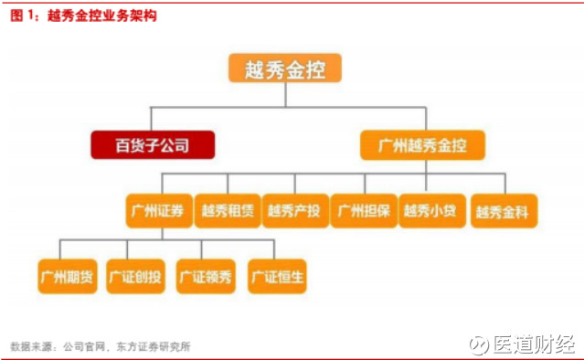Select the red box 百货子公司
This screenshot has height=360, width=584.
point(152,144)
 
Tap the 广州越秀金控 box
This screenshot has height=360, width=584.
point(421,144)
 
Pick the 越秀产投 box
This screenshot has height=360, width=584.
point(293,211)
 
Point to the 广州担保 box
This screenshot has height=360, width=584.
point(363,211)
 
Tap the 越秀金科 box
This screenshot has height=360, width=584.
point(505,212)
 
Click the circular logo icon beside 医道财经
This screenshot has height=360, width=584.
point(478,345)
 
